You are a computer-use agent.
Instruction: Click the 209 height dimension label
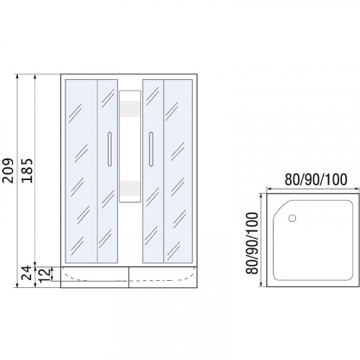(8, 171)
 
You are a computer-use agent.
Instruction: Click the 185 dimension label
(27, 171)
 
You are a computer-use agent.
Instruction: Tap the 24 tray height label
(27, 273)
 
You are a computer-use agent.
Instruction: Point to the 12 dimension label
(45, 275)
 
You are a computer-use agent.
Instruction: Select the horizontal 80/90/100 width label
(316, 179)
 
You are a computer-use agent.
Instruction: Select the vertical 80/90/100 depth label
(252, 243)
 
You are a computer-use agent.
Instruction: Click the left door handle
(109, 149)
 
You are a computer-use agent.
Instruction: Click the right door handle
(151, 149)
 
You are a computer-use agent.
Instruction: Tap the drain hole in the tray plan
(292, 218)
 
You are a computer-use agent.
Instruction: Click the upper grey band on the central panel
(130, 109)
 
